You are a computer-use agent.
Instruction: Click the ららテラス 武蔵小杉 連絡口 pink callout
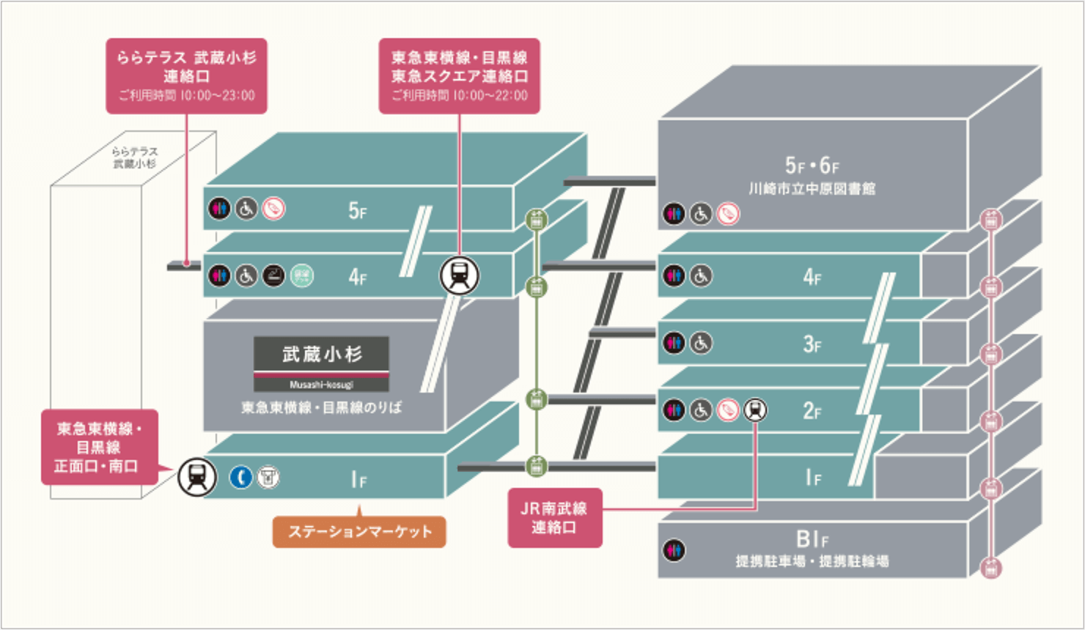coord(186,75)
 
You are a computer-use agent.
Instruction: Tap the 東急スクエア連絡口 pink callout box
coord(459,75)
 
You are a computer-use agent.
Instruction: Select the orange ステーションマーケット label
coord(359,532)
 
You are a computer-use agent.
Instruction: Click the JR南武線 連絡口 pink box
coord(554,517)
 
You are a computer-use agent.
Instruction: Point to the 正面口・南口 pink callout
coord(98,447)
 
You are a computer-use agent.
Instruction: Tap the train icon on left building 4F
coord(459,275)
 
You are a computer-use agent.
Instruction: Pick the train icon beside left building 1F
coord(197,477)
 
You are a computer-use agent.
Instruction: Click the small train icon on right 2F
coord(755,409)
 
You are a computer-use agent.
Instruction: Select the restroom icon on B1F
coord(674,550)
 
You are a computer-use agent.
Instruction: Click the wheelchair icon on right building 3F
coord(701,342)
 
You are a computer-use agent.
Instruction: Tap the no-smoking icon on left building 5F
coord(273,209)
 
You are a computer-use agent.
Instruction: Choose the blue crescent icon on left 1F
coord(240,477)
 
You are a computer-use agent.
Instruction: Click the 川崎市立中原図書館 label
coord(812,188)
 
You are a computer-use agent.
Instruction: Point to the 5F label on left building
coord(358,211)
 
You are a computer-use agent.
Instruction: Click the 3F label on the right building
coord(812,344)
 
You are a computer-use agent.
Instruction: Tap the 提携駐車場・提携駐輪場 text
coord(812,562)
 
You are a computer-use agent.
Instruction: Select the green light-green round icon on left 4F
coord(301,275)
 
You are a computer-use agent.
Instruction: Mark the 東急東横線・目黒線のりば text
coord(322,408)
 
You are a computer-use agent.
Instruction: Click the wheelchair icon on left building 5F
coord(246,209)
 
